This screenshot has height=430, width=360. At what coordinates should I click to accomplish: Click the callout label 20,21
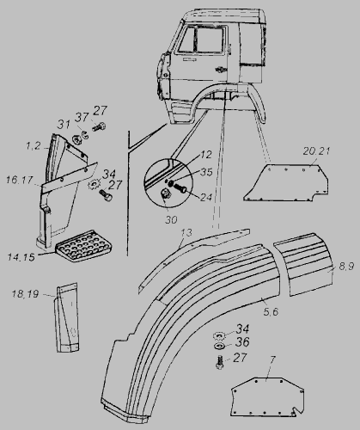(x=316, y=151)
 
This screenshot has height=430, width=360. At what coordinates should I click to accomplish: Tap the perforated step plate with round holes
(x=81, y=246)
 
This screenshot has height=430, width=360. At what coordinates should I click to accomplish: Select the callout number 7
(x=272, y=359)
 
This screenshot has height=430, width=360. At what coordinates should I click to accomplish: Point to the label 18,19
(x=25, y=294)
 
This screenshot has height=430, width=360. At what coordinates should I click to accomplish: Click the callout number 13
(x=186, y=232)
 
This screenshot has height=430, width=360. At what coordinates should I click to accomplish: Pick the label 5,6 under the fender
(x=271, y=312)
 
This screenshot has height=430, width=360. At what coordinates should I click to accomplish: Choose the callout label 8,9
(x=346, y=267)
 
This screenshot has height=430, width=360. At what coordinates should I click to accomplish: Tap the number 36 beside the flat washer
(x=242, y=342)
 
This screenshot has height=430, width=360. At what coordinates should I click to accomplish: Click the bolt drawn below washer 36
(x=220, y=362)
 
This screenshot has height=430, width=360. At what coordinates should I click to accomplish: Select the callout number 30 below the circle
(x=171, y=220)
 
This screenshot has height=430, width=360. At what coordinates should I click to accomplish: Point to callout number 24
(x=206, y=197)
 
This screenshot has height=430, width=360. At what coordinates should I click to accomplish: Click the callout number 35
(x=206, y=172)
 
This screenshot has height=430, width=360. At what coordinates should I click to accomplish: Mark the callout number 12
(x=206, y=155)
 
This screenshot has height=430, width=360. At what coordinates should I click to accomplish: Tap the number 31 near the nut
(x=64, y=124)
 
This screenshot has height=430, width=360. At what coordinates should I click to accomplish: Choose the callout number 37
(x=82, y=117)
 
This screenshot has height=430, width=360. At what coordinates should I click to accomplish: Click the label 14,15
(x=21, y=257)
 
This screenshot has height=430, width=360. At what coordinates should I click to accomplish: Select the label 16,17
(x=20, y=180)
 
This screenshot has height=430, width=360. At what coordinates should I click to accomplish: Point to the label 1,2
(x=34, y=146)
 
